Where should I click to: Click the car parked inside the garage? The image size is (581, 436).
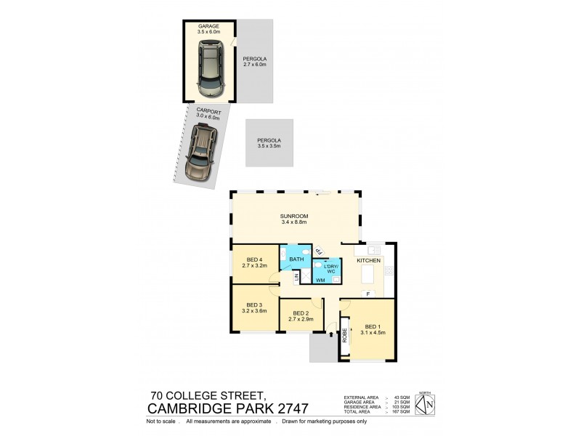coord(209,69)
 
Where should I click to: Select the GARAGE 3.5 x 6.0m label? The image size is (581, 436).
coord(208,29)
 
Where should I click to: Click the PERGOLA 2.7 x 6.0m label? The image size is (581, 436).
coord(255,62)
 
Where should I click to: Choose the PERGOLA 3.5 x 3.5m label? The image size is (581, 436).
coord(269,143)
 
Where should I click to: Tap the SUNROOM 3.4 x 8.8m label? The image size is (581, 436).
coord(294,219)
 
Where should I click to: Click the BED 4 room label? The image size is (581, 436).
coord(254,262)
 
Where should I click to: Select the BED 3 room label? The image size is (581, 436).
coord(254,307)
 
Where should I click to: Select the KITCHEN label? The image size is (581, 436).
coord(369,259)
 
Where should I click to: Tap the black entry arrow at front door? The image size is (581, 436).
coord(331,335)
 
